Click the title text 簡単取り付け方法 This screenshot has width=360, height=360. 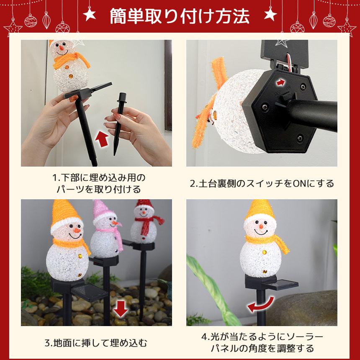(x=180, y=16)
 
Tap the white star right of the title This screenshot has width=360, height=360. (x=270, y=15)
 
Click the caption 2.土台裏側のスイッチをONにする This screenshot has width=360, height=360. (x=262, y=183)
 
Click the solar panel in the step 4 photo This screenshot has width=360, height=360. (x=284, y=285)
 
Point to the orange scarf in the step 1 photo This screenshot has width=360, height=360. (x=72, y=61)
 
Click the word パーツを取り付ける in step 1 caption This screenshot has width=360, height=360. (x=99, y=189)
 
